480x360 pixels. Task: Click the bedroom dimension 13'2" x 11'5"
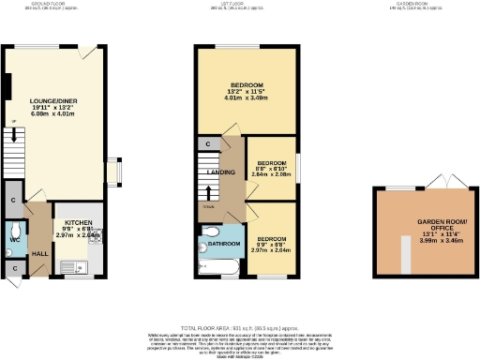click(x=248, y=91)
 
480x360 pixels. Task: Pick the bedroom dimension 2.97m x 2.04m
click(x=272, y=251)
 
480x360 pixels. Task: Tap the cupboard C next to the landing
click(x=205, y=144)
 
